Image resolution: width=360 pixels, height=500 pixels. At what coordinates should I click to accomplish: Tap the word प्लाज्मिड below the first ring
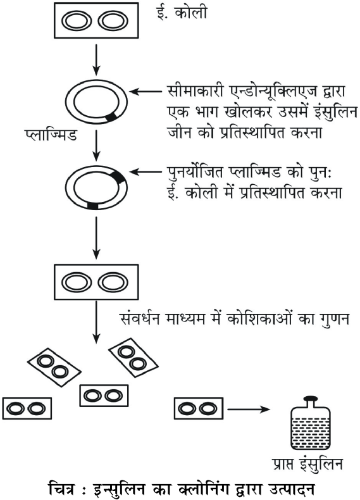coord(51,134)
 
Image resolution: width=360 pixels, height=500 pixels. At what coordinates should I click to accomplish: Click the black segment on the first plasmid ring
coord(111,117)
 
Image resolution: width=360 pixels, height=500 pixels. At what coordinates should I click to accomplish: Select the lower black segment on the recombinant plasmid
coord(92,206)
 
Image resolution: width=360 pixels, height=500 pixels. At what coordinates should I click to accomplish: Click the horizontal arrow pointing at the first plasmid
coord(147,92)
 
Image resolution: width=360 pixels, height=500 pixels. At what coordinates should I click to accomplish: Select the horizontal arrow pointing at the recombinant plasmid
coord(147,172)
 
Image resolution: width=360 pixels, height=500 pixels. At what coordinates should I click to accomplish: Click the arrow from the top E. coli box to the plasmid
coord(96,60)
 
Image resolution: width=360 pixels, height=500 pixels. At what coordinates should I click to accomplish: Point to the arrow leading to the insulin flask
coord(249,409)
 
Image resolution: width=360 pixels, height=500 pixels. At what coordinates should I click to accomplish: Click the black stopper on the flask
coord(311,398)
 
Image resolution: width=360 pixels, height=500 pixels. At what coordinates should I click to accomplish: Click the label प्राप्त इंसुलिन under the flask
coord(307,464)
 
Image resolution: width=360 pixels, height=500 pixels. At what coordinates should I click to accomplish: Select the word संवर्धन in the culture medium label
coord(141,320)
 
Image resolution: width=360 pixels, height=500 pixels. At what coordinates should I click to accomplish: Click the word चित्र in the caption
coord(61,489)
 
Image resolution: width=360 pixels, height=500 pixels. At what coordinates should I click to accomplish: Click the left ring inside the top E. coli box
coord(76,22)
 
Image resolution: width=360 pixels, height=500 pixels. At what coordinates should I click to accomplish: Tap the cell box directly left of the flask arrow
coord(198,408)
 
